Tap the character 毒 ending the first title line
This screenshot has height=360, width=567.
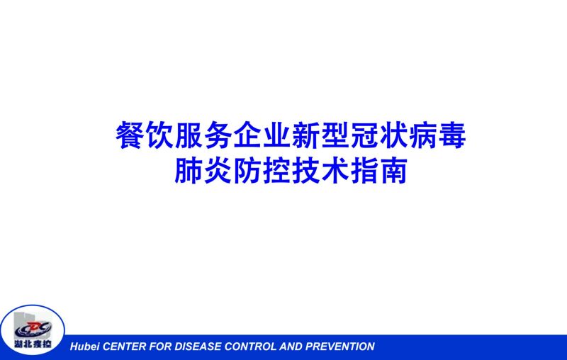452,135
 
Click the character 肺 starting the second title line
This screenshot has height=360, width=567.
189,170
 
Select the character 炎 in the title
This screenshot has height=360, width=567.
218,170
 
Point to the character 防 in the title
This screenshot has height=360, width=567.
247,170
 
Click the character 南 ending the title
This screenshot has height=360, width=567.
394,170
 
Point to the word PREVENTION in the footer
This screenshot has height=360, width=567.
339,347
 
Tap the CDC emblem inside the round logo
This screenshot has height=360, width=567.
33,329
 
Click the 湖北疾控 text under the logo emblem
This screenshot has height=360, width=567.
33,344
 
